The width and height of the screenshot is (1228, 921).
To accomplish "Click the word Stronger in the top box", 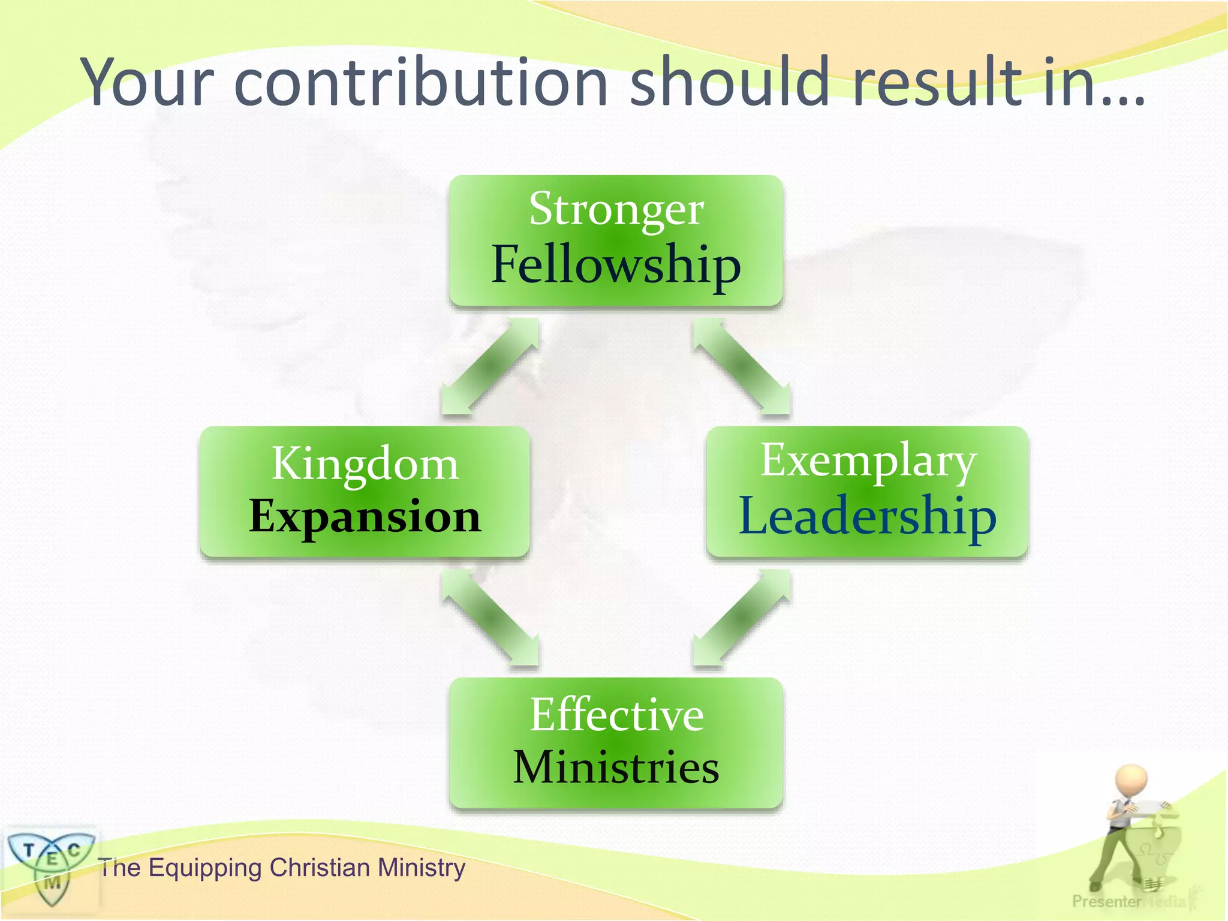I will tap(616, 210).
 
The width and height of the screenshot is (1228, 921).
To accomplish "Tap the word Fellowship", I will tap(616, 265).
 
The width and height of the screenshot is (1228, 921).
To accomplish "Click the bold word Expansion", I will tap(365, 516).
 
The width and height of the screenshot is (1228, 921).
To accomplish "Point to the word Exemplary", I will tap(868, 460).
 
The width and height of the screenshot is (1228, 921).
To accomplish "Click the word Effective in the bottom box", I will tap(616, 715).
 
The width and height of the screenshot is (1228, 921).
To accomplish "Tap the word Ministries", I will tap(616, 767).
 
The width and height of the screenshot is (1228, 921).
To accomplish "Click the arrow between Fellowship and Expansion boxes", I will tap(490, 366).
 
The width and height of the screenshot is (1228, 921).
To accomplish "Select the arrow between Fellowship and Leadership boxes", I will tap(742, 366).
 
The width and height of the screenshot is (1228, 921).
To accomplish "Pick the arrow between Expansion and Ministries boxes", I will tap(490, 618).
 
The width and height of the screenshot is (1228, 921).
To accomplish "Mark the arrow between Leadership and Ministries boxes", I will tap(742, 618).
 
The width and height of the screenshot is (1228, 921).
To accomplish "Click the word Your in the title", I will tap(148, 82).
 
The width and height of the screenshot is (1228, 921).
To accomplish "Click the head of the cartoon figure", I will tap(1131, 779).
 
